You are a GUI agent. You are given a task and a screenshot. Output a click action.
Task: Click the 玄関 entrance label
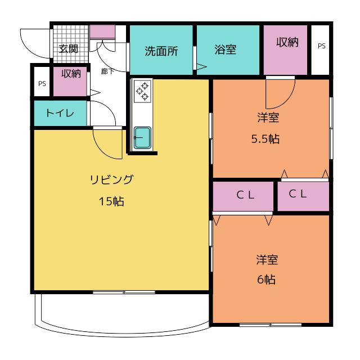pos(68,49)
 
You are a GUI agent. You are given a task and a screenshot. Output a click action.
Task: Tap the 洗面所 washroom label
pos(161,51)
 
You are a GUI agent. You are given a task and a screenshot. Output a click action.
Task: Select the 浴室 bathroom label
pos(225,49)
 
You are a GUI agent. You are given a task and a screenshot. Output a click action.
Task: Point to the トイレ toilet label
pos(60,113)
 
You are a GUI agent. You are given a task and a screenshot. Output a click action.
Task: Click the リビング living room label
pos(111,179)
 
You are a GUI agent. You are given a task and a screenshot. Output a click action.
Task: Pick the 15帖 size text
pos(111,201)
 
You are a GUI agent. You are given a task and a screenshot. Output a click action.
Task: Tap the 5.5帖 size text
pos(265,139)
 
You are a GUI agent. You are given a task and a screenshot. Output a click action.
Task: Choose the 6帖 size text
pos(266,280)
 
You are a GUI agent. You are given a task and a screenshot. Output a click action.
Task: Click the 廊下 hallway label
pos(107,71)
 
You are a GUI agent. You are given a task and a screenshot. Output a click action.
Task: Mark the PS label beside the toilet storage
pos(42,84)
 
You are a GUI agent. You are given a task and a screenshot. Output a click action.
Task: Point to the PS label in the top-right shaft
pos(321,46)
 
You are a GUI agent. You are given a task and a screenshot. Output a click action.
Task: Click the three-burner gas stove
pos(142,91)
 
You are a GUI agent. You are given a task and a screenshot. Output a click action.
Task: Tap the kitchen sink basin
pos(142,137)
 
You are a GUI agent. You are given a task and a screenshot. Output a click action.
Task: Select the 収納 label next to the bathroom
pos(287,42)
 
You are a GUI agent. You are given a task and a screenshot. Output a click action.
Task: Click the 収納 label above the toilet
pos(71,74)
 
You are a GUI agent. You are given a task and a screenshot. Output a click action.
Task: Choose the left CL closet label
pos(245,195)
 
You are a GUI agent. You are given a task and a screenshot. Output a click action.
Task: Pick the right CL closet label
pos(298,193)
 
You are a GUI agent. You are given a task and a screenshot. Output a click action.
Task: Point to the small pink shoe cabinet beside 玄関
pos(102,31)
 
